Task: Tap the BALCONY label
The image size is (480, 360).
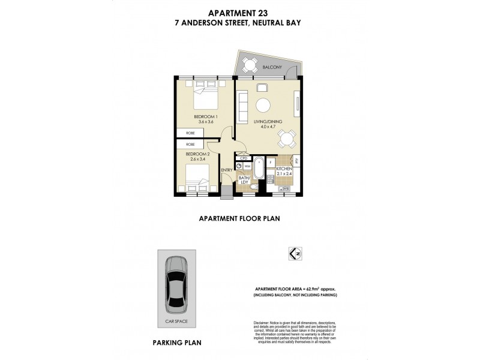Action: (272, 68)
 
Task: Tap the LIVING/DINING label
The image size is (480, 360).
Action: (263, 121)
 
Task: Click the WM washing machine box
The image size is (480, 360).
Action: (247, 167)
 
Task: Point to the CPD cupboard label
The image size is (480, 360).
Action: (244, 159)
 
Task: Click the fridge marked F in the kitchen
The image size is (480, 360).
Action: (271, 162)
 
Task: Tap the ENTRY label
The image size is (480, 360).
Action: (226, 170)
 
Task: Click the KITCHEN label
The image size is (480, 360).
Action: (284, 170)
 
